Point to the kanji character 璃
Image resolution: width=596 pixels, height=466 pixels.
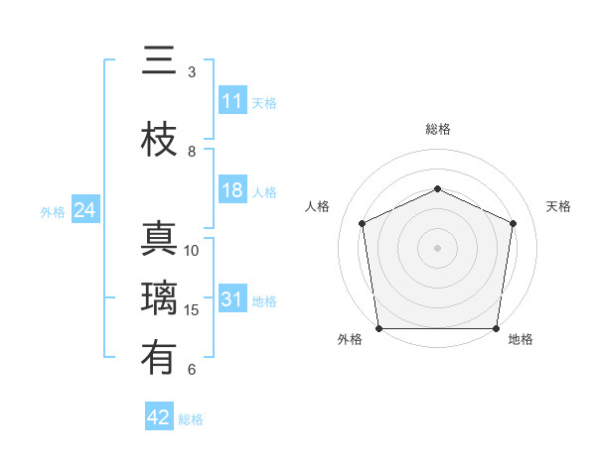point(160,298)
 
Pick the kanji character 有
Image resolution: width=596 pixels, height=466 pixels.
point(160,358)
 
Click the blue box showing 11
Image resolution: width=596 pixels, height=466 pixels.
point(232,101)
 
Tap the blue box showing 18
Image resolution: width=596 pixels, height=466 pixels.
point(232,190)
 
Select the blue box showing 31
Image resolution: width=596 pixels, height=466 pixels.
point(232,299)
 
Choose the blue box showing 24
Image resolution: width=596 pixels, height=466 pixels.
point(84,210)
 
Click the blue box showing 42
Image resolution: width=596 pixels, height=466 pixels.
point(159,417)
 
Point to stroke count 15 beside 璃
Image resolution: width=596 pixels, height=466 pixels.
point(192,310)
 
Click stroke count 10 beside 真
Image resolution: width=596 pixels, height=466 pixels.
point(192,251)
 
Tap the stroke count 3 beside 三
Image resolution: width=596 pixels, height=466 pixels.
point(192,72)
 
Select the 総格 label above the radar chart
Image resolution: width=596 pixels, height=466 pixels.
point(438,129)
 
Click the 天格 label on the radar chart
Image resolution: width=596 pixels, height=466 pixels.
point(558,206)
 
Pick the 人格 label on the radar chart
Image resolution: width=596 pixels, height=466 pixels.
point(317,206)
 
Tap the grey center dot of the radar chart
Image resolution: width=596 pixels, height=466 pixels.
point(437,247)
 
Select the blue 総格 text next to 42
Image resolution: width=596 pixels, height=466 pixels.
point(191,419)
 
